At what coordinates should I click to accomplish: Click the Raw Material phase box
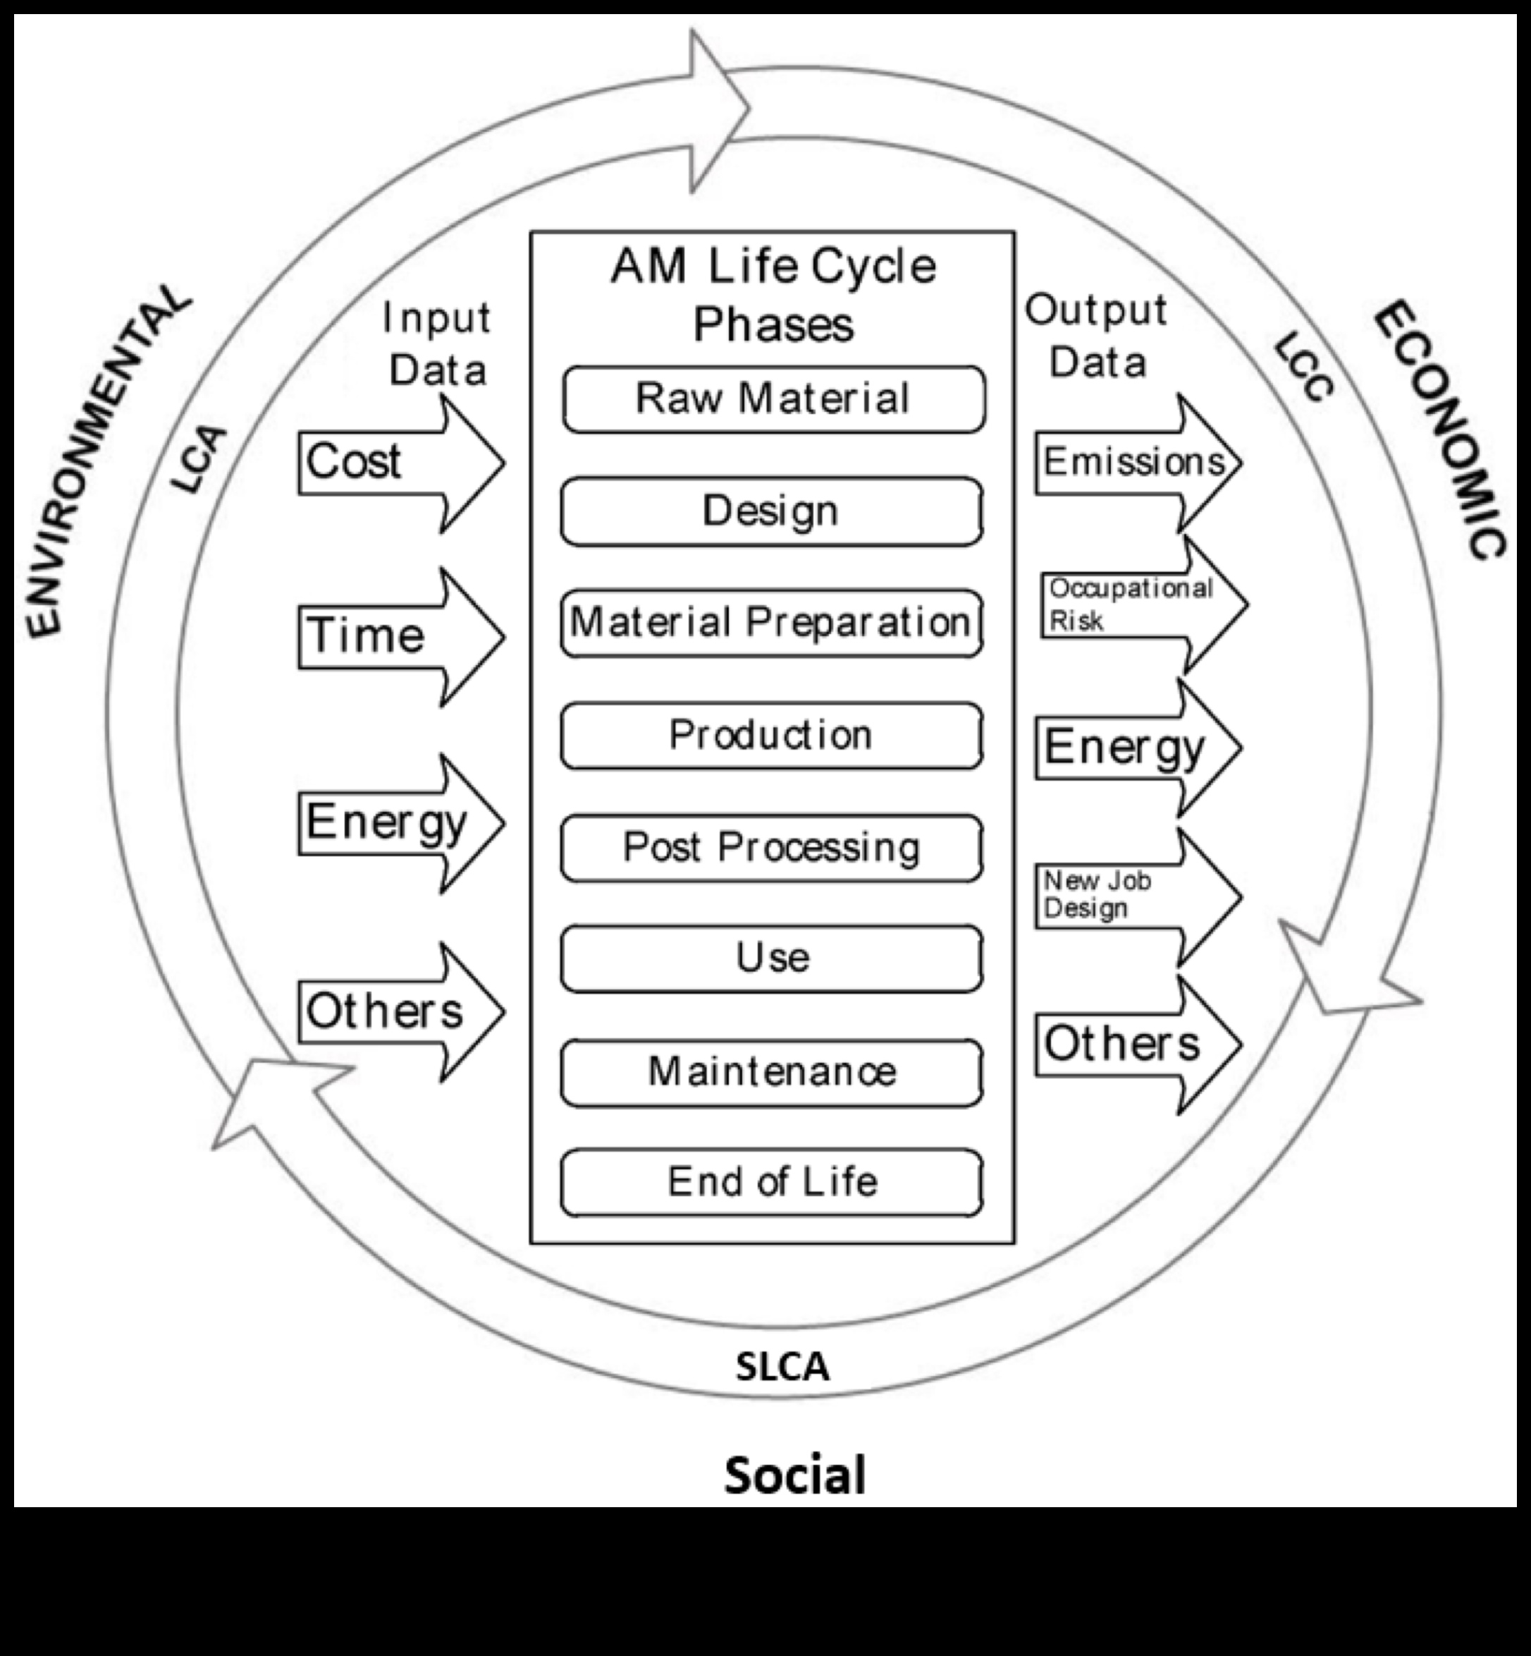coord(773,398)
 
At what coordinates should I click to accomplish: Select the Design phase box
coord(771,511)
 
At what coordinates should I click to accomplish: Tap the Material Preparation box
coord(771,623)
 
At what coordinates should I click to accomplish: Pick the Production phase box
coord(771,735)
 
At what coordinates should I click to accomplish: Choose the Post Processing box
coord(771,848)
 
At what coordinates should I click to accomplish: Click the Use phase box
coord(771,959)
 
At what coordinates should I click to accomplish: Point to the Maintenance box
coord(771,1073)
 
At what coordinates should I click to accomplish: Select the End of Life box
coord(771,1183)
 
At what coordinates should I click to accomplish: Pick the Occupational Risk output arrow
coord(1139,604)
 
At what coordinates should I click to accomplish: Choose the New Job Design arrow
coord(1135,896)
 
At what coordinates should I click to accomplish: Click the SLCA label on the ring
coord(782,1367)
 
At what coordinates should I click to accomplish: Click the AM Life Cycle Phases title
coord(773,294)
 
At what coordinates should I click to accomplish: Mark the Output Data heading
coord(1095,336)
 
